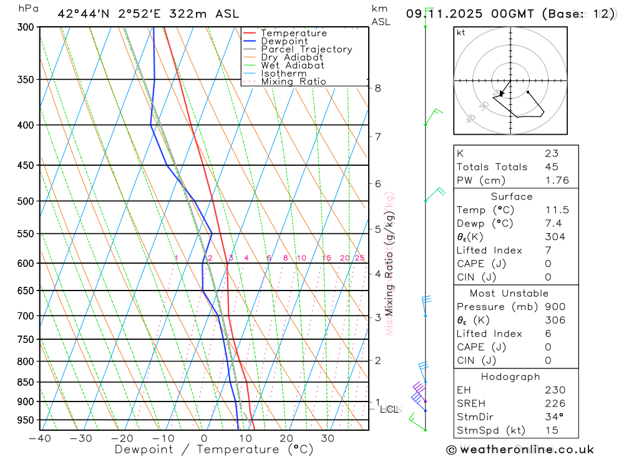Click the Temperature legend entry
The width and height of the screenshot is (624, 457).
[293, 33]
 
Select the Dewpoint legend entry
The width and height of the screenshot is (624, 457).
[284, 41]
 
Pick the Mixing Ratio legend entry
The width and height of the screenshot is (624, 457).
[293, 82]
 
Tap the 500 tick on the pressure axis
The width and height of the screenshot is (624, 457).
[26, 201]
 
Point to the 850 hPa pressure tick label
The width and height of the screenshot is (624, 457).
[26, 382]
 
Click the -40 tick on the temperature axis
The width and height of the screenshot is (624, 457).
[39, 438]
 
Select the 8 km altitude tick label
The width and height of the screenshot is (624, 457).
[378, 88]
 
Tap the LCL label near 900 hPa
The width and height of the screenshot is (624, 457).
[389, 410]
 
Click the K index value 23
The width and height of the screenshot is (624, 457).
[552, 153]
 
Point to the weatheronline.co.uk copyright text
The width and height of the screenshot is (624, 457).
[520, 450]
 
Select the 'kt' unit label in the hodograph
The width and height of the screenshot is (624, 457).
[461, 32]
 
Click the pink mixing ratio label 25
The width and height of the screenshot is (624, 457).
[359, 258]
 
